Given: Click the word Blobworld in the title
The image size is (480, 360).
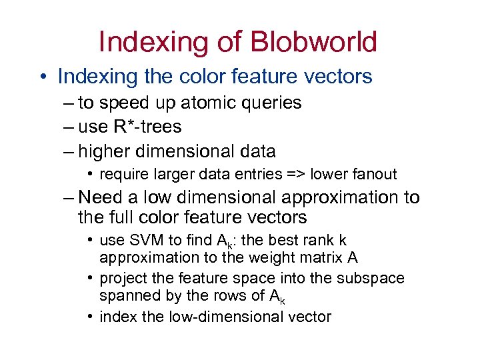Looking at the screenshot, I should click(313, 41).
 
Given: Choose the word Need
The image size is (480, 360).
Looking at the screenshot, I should click(100, 198).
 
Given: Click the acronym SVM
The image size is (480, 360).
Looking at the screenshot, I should click(140, 240).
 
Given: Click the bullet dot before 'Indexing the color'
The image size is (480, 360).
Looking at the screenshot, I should click(42, 77).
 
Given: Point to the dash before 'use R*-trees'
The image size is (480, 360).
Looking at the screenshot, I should click(70, 127).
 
